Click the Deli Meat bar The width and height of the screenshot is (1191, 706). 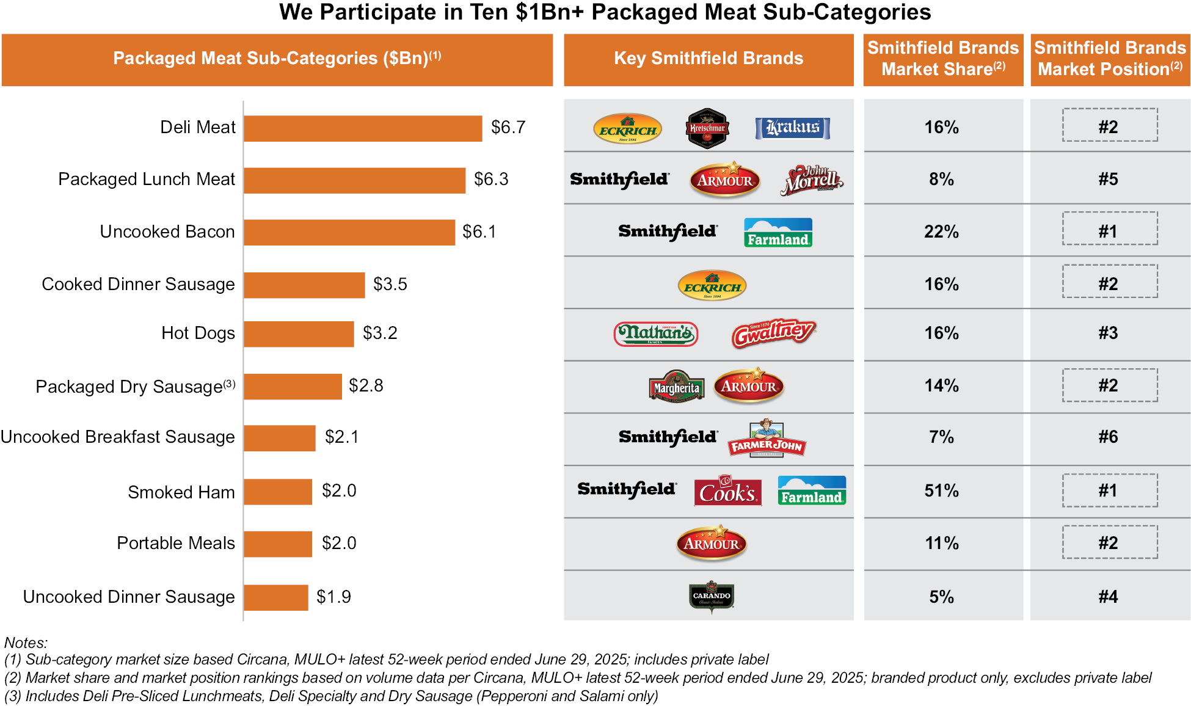pos(363,128)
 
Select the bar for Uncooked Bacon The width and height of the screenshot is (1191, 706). pos(349,232)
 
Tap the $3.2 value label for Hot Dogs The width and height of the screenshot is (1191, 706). pos(380,333)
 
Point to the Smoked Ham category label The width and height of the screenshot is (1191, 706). pos(181,492)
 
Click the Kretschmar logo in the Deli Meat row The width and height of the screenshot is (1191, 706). pos(707,128)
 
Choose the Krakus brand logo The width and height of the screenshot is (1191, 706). pos(792,128)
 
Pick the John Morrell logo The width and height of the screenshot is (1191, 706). pos(812,180)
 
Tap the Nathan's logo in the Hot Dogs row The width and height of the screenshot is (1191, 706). pos(655,333)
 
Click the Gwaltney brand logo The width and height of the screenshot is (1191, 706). pos(773,333)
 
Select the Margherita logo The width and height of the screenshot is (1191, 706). pos(676,387)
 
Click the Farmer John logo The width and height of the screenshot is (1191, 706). pos(767,439)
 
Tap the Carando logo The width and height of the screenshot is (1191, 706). pos(712,596)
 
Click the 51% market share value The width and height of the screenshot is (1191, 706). pos(941,490)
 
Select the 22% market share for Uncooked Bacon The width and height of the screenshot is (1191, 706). pos(941,231)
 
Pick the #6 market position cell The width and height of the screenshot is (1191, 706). pos(1108,437)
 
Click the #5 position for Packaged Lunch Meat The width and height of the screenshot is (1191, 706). pos(1108,179)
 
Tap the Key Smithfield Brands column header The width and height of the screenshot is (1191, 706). pos(708,59)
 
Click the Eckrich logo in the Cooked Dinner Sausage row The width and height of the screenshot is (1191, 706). pos(712,285)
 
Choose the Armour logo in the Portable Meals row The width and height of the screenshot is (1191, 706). pos(712,543)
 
